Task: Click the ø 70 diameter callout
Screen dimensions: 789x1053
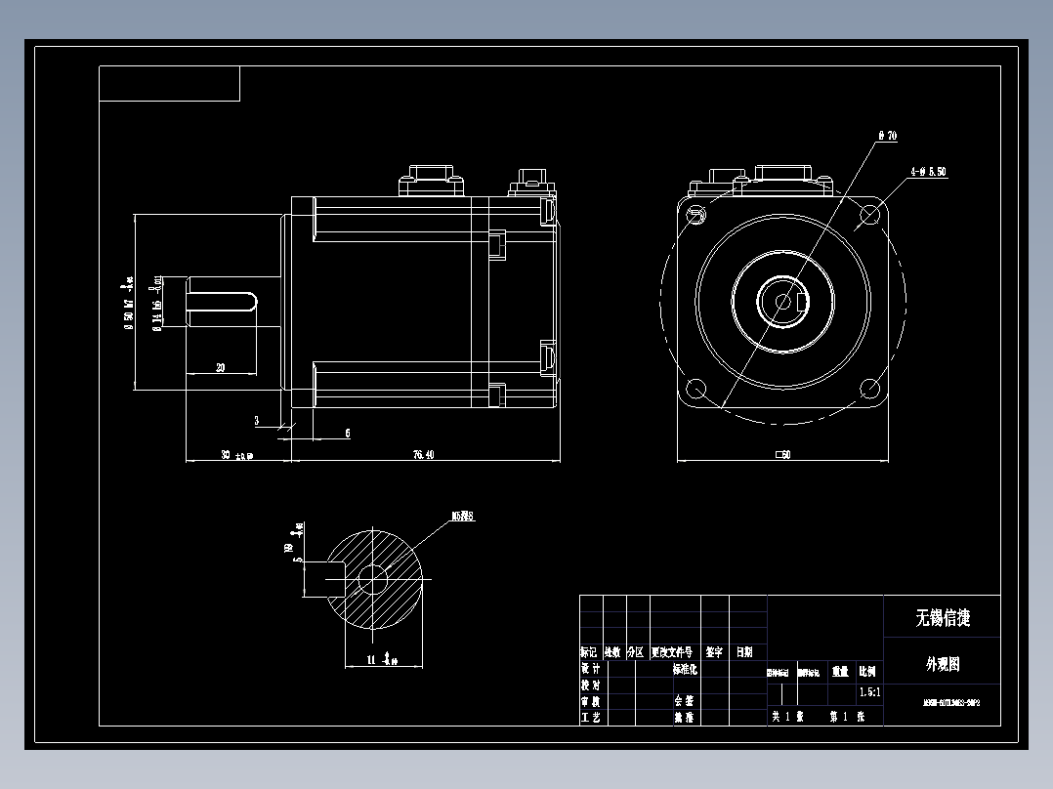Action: pos(888,136)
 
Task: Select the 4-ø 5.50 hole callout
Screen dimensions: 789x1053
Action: pos(927,171)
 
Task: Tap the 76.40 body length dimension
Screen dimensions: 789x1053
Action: pos(423,454)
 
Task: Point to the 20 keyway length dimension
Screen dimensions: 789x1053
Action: pos(220,368)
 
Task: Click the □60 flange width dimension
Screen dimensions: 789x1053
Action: pos(782,454)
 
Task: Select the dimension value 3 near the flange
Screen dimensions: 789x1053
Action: pos(257,421)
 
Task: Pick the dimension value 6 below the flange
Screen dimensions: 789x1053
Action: pos(347,432)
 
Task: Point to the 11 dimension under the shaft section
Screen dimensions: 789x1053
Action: pos(370,660)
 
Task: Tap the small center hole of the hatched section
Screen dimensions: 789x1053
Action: pos(372,579)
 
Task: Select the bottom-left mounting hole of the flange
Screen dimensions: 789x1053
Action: pos(696,389)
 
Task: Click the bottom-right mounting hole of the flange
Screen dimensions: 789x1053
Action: pos(869,389)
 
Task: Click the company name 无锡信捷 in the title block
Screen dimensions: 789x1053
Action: pos(943,617)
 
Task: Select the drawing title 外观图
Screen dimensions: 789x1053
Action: pos(943,664)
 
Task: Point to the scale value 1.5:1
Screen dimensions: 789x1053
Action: pos(868,692)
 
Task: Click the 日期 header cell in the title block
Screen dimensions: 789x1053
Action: pos(745,651)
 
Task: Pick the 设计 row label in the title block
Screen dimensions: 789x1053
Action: pos(590,670)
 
